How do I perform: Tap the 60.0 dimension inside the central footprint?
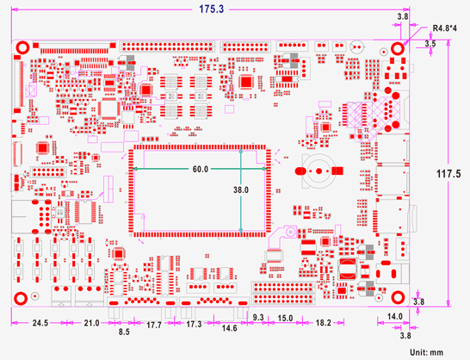pos(200,170)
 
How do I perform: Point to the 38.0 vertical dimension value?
pos(240,189)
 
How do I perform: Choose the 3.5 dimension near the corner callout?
pos(430,42)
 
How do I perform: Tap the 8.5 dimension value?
pos(124,332)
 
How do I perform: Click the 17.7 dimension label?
pos(153,325)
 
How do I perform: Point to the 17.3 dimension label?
pos(195,325)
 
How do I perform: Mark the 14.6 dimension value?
pos(230,328)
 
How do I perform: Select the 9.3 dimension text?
pos(258,319)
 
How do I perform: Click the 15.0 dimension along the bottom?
pos(285,319)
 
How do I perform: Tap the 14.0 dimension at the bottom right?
pos(394,317)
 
